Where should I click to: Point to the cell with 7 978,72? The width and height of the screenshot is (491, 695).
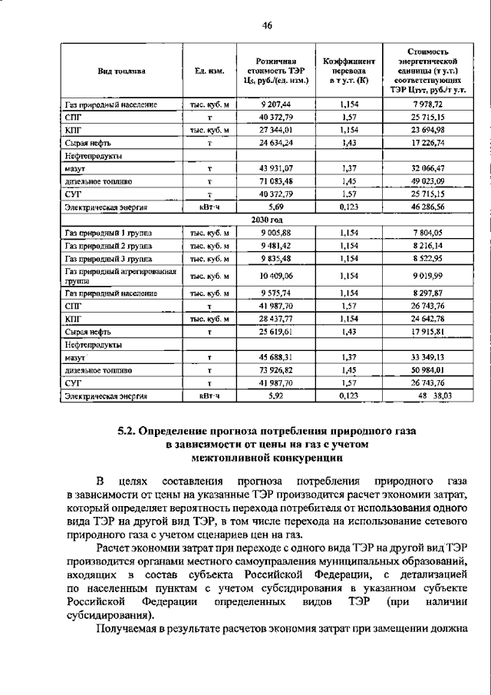coord(428,103)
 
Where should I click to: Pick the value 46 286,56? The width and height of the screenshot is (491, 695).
coord(428,207)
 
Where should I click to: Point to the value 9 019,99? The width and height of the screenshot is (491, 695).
coord(428,274)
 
